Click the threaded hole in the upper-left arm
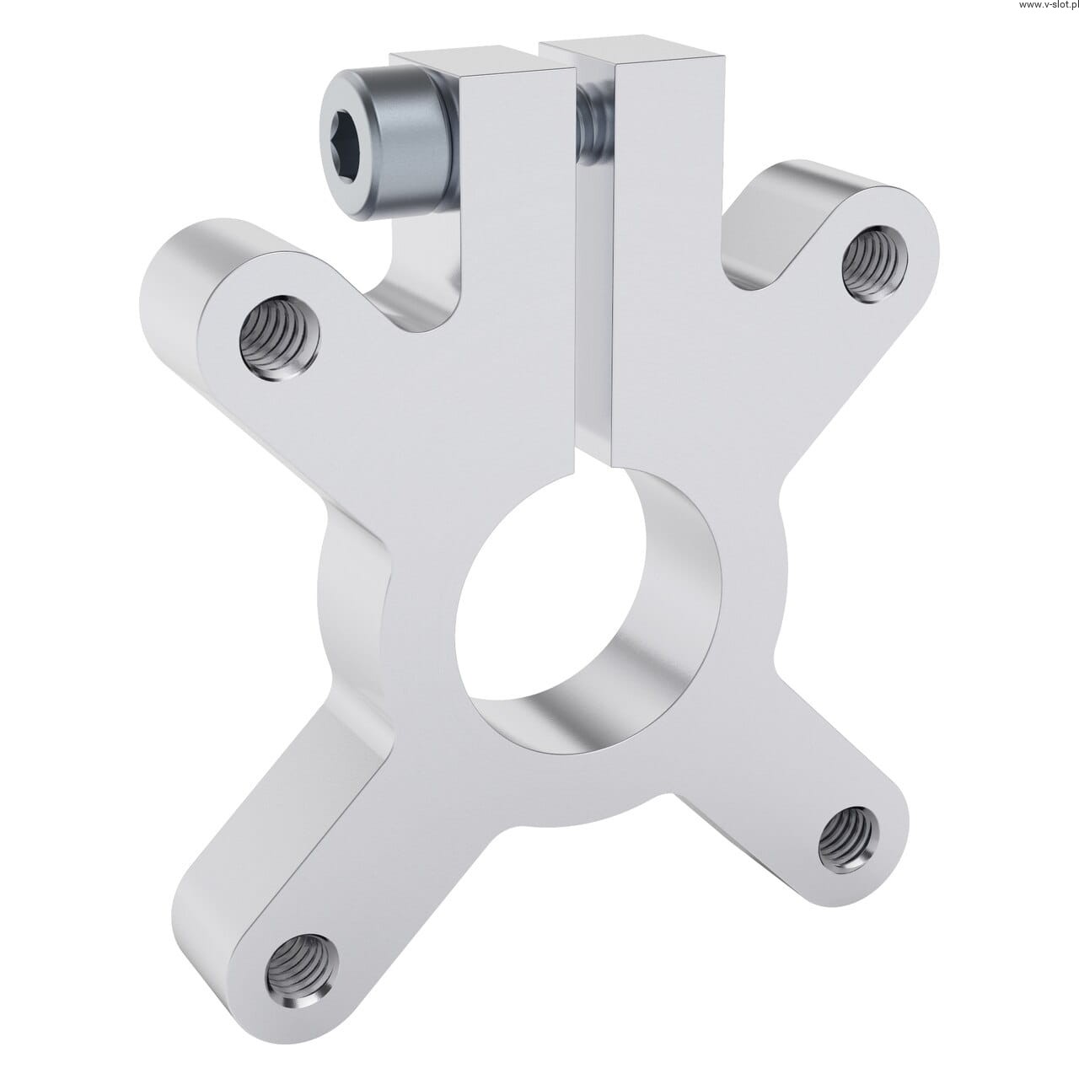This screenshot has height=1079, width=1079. pyautogui.click(x=279, y=338)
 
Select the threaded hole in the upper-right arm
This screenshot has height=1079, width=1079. pyautogui.click(x=875, y=263)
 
